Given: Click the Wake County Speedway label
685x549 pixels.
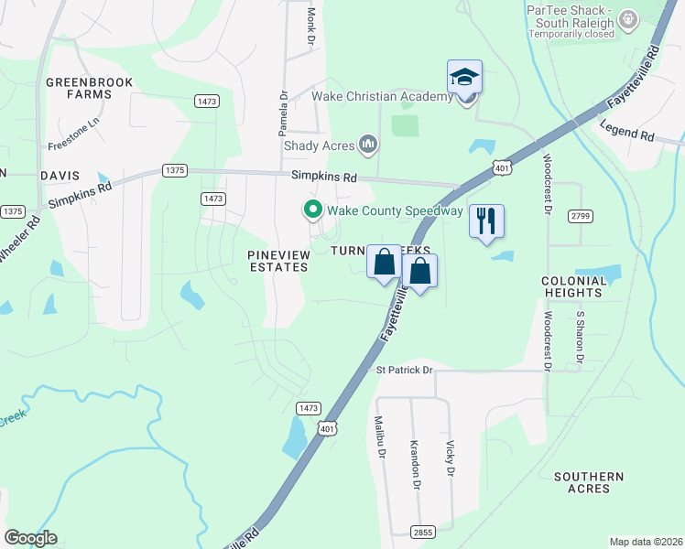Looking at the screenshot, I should click(x=396, y=211).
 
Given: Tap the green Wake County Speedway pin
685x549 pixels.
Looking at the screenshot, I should click(x=312, y=210).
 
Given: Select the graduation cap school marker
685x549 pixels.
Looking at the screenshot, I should click(x=464, y=78).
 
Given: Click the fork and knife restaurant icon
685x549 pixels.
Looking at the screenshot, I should click(x=486, y=221).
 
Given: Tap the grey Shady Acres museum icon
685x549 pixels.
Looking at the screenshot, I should click(x=368, y=144).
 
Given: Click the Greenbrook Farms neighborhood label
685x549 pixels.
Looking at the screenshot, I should click(x=90, y=89).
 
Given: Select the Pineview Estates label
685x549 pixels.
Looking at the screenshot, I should click(x=278, y=260).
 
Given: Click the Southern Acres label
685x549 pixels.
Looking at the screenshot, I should click(x=589, y=482).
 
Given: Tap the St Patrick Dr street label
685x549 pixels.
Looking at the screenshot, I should click(x=404, y=370).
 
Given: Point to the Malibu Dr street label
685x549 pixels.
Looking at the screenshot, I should click(x=379, y=439).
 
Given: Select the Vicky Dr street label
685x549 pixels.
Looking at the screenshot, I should click(x=450, y=458).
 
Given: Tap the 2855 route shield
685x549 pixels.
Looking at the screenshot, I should click(x=424, y=530).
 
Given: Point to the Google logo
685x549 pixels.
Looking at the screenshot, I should click(x=31, y=538).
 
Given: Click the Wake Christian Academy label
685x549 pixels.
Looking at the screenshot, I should click(x=383, y=97).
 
